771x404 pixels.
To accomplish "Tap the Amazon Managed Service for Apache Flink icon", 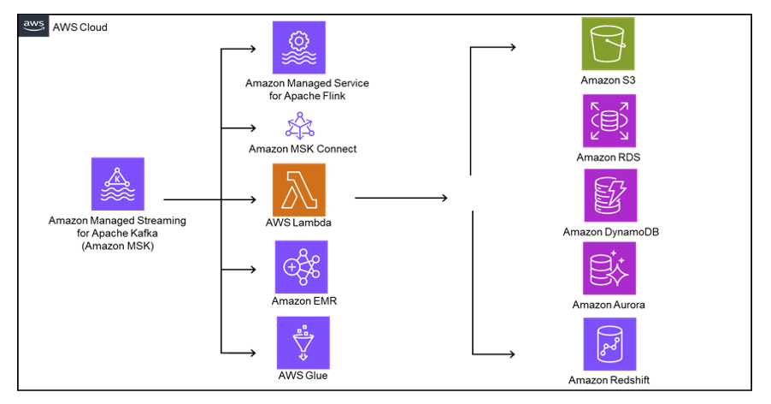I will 298,47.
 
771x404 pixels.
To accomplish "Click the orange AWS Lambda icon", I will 299,191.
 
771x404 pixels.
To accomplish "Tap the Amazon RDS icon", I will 609,121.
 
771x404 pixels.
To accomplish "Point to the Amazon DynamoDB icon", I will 609,195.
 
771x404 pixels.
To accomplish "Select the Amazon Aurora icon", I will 609,268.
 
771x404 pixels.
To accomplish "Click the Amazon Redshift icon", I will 609,344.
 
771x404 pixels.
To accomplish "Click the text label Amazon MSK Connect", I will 302,149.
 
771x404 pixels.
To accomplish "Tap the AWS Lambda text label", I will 298,223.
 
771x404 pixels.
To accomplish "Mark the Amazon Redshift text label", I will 609,379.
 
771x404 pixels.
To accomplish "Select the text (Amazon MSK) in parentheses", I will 117,246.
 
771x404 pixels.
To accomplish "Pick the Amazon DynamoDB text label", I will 609,232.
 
